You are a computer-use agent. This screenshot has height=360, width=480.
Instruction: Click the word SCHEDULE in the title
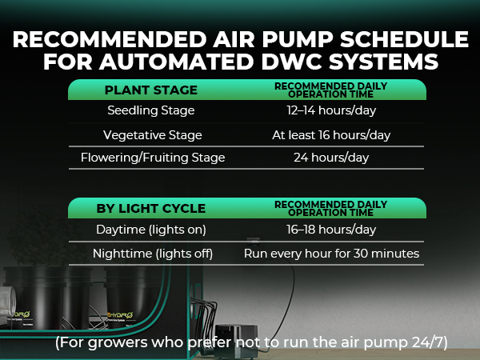404,39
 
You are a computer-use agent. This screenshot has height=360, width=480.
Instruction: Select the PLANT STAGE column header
151,90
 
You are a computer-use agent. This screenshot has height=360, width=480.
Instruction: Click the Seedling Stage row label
151,110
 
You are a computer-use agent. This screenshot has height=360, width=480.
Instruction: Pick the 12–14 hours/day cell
331,110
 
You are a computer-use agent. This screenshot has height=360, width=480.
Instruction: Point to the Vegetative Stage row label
153,135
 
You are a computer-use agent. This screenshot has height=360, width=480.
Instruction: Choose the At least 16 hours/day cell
331,135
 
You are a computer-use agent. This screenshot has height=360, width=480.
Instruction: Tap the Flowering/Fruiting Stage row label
153,158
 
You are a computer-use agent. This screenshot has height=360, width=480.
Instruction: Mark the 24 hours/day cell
331,158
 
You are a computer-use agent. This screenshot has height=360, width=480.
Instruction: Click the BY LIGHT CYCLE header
151,209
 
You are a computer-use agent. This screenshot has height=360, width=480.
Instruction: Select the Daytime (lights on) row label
151,230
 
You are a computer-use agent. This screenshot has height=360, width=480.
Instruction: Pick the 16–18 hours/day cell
331,230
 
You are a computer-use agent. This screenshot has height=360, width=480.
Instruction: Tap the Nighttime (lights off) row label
153,254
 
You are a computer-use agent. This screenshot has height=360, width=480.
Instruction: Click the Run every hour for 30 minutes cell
331,254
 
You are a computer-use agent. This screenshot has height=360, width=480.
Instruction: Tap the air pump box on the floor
236,341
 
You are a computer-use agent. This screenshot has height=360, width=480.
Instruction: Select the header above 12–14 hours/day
331,90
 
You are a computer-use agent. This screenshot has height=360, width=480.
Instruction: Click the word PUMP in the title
298,39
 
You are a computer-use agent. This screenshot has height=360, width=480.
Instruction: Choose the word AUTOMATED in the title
176,62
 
